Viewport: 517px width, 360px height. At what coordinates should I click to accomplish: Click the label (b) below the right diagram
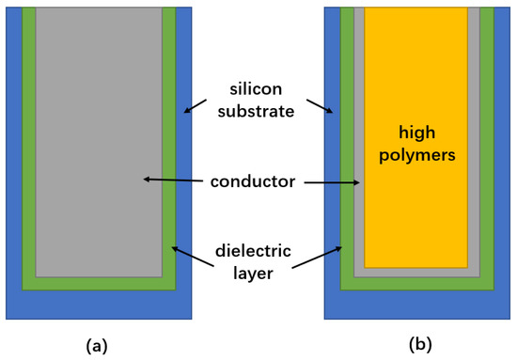point(420,345)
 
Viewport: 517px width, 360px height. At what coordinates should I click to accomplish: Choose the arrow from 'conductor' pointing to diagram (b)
point(334,181)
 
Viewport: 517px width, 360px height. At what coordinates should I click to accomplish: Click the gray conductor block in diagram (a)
point(99,141)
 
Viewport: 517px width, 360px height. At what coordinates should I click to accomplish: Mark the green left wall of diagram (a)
point(28,141)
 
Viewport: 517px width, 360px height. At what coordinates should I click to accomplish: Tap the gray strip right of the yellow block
point(473,141)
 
